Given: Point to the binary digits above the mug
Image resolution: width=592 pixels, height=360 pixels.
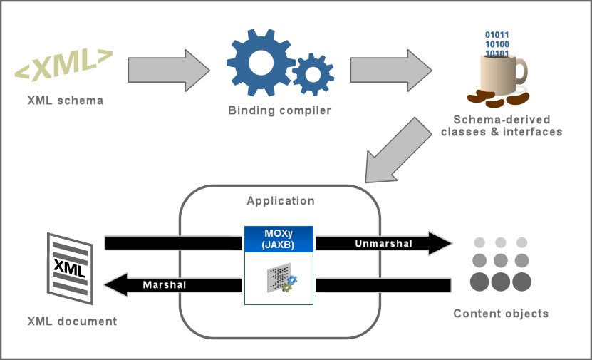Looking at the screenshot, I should (x=497, y=43).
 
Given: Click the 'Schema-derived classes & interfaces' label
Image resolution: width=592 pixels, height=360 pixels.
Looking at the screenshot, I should (x=502, y=125).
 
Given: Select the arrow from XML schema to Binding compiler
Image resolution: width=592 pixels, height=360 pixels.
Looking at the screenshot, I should (x=169, y=70).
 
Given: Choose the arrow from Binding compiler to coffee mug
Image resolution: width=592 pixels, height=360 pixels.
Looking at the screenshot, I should (x=391, y=70).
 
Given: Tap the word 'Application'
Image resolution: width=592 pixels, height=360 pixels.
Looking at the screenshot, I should (x=280, y=201).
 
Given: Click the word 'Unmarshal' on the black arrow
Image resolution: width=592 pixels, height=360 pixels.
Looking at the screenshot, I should (x=383, y=244).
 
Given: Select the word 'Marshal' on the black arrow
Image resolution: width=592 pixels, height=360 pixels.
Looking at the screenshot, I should (x=165, y=285).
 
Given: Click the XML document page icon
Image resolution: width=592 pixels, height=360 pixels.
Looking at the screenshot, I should (x=69, y=264).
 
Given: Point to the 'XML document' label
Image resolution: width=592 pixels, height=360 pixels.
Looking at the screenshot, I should (x=72, y=322).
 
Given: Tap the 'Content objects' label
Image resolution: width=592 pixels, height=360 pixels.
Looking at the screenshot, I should (x=501, y=314).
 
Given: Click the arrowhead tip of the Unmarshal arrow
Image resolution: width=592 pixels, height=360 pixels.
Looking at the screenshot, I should (x=450, y=244).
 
